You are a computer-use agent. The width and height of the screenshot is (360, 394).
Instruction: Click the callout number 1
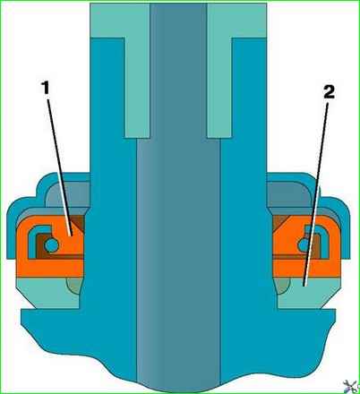[46, 88]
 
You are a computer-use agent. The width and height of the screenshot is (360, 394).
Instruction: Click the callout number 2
[329, 93]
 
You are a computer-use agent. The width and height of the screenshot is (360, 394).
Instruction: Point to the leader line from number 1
[59, 167]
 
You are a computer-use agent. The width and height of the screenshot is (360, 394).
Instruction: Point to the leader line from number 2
[316, 194]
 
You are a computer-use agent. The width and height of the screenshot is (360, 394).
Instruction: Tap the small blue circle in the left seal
[51, 245]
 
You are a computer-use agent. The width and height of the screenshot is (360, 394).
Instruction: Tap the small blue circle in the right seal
[304, 244]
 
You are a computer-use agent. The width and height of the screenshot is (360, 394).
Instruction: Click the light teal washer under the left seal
[42, 294]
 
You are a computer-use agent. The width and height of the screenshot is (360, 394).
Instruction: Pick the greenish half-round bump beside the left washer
[74, 286]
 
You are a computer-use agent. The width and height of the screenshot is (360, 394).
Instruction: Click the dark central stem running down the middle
[178, 209]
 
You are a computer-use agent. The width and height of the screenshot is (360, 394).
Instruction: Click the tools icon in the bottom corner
[351, 386]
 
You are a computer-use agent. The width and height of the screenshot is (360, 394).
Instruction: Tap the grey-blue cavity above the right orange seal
[288, 194]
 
